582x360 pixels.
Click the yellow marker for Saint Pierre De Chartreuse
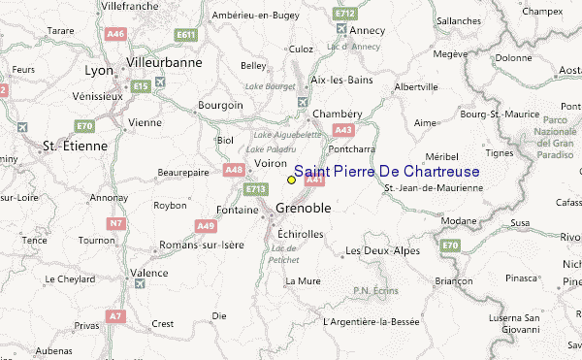coord(291,180)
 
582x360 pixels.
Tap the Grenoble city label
coord(304,209)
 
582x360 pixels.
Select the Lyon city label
coord(100,71)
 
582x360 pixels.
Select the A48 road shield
coord(233,170)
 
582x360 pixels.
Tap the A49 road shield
coord(206,226)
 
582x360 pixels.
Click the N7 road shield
coord(116,223)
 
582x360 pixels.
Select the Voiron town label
coord(271,164)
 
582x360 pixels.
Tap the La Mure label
coord(303,281)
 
